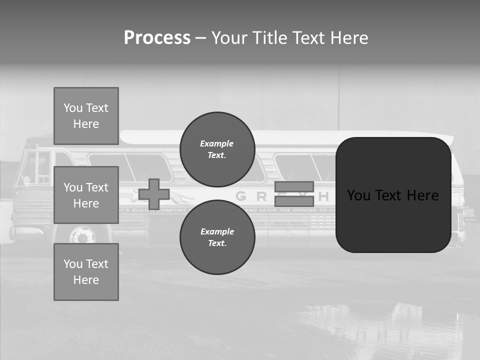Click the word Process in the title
(x=157, y=38)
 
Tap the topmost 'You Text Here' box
(x=86, y=116)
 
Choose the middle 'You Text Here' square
(x=86, y=195)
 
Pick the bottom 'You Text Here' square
(x=86, y=271)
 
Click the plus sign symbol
(x=154, y=194)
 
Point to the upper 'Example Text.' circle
(x=217, y=149)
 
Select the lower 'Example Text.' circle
(x=217, y=237)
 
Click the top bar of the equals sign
(x=294, y=186)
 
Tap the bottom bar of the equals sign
(x=294, y=201)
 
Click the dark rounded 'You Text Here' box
(x=393, y=195)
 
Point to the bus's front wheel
(x=82, y=234)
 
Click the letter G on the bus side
(x=240, y=196)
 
